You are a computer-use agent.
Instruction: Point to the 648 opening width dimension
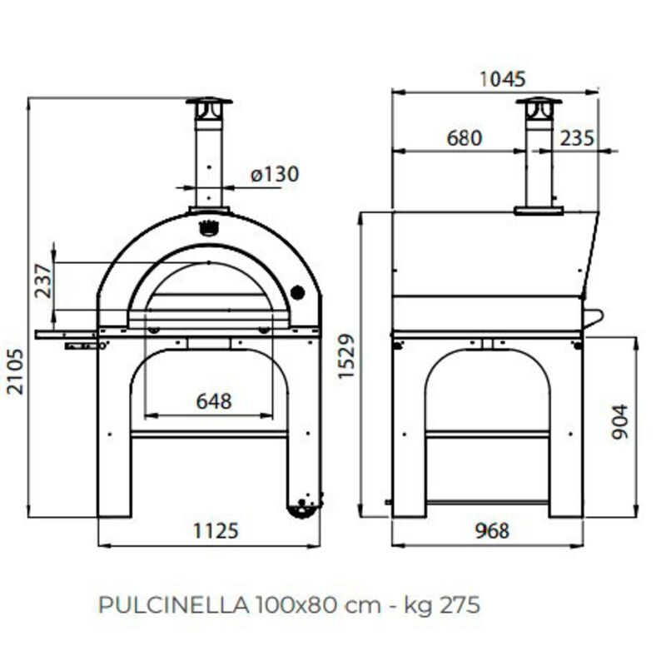pos(213,401)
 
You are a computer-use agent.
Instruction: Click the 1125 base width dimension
pos(211,530)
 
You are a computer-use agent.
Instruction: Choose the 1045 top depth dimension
pos(503,79)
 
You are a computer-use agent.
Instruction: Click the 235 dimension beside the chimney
pos(577,138)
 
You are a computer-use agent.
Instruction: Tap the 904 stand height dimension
pos(619,422)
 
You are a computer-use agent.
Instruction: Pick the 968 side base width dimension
pos(487,530)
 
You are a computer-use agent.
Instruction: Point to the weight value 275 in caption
pos(462,604)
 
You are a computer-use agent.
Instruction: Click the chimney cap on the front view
pos(209,104)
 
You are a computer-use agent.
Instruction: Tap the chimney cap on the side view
pos(539,104)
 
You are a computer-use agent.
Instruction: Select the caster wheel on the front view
pos(302,504)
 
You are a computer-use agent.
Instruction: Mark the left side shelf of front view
pos(66,334)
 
